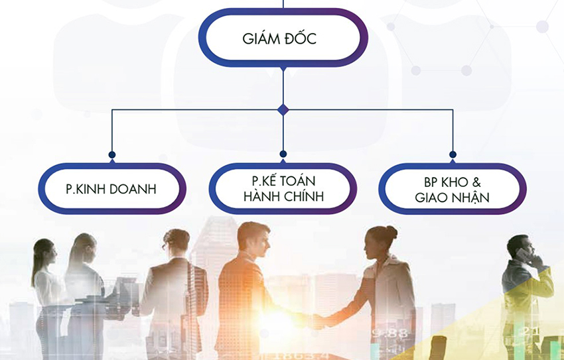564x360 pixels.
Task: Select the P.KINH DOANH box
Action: pyautogui.click(x=111, y=189)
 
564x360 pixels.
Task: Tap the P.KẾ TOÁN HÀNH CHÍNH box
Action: pyautogui.click(x=283, y=188)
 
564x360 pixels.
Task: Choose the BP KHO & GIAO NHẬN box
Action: pyautogui.click(x=453, y=188)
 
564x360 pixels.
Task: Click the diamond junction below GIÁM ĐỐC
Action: pyautogui.click(x=283, y=109)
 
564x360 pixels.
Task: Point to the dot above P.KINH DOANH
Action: pyautogui.click(x=111, y=154)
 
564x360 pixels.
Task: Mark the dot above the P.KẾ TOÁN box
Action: pyautogui.click(x=283, y=154)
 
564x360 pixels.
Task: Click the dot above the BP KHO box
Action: pyautogui.click(x=453, y=154)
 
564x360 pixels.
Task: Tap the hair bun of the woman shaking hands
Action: pyautogui.click(x=391, y=232)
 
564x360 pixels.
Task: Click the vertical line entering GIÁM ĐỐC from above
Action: pyautogui.click(x=283, y=4)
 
